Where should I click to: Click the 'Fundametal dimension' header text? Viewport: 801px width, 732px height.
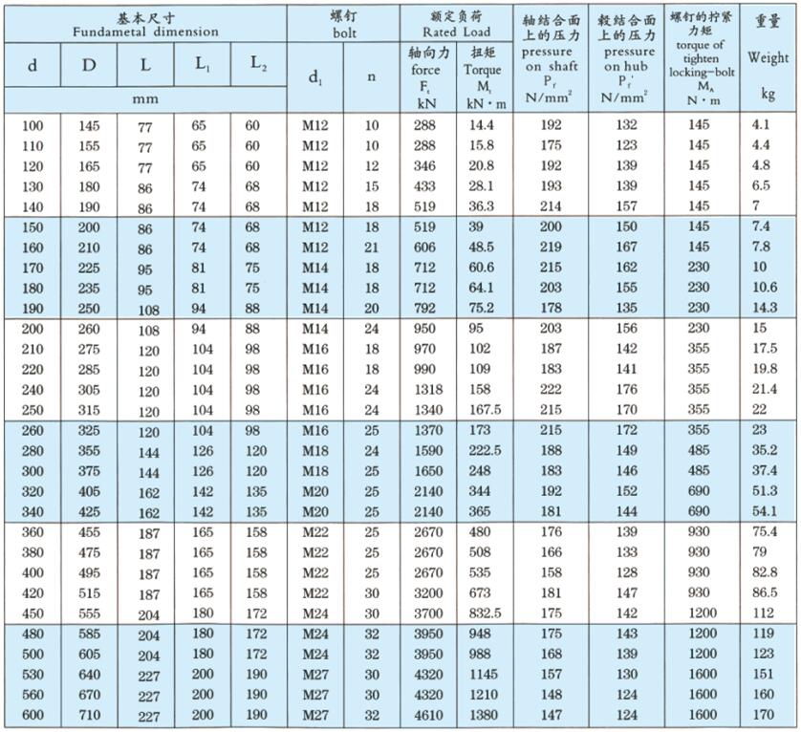click(145, 32)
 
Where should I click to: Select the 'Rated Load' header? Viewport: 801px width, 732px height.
click(454, 32)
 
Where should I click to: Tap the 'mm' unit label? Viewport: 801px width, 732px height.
click(145, 97)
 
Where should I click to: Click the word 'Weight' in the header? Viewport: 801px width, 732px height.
click(769, 57)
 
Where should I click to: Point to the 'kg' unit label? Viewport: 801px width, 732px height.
click(769, 94)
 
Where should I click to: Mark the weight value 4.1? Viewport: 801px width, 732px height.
click(761, 125)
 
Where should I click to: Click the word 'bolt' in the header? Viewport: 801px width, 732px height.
click(344, 32)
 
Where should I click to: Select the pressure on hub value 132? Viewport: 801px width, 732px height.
click(627, 125)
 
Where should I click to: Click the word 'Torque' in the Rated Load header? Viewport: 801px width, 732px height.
click(482, 70)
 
